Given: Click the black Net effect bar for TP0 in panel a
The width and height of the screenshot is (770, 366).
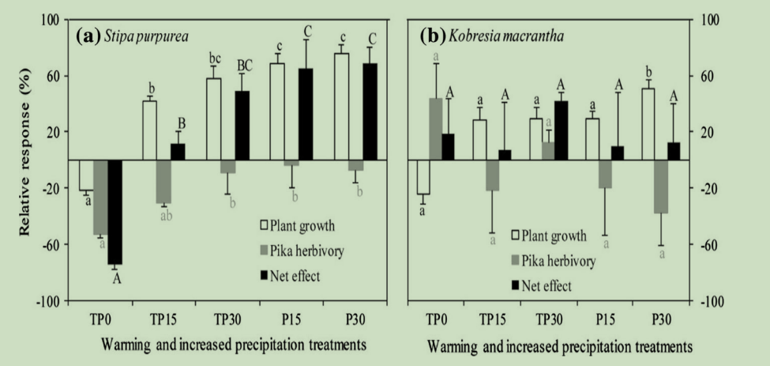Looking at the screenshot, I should click(x=115, y=212).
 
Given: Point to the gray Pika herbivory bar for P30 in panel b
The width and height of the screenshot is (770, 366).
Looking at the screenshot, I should click(x=662, y=187).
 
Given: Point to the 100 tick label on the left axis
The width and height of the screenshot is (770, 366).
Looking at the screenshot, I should click(x=52, y=20).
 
